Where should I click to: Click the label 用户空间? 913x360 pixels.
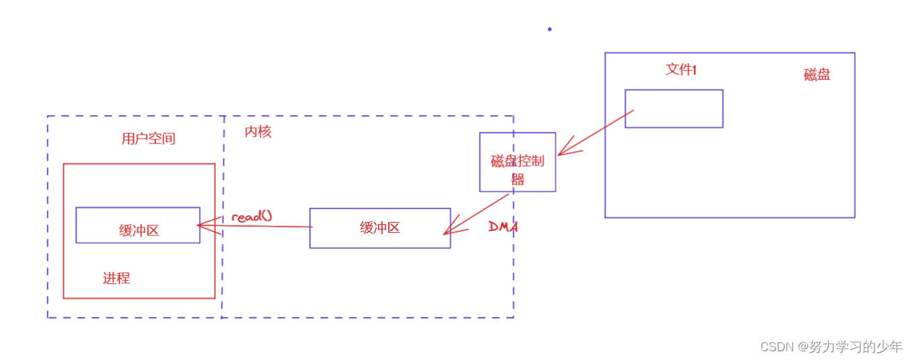coord(148,139)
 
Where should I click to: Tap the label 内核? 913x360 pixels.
coord(258,132)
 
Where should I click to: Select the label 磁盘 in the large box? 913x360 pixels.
coord(817,75)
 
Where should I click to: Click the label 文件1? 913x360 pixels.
coord(681,69)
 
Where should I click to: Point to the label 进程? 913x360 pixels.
coord(116,278)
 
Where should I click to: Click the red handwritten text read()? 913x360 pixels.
coord(252,217)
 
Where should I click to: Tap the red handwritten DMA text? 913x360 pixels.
coord(503,227)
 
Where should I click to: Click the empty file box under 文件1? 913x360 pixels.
coord(674,108)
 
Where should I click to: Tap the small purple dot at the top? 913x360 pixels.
coord(550,29)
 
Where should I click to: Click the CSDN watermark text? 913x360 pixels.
coord(831,347)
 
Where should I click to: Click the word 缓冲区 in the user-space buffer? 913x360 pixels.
coord(139,231)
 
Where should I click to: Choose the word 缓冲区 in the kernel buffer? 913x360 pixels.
coord(380,228)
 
